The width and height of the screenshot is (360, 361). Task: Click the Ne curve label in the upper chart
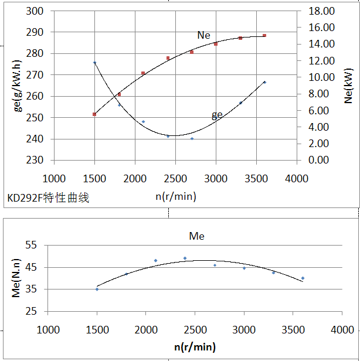(x=203, y=35)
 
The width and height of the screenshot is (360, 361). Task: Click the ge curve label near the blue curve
(x=217, y=115)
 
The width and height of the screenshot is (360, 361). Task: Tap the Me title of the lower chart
(x=196, y=236)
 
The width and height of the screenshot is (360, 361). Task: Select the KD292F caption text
(x=48, y=198)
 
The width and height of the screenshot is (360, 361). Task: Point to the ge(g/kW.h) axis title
(x=18, y=85)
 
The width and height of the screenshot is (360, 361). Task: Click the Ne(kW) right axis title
(x=348, y=86)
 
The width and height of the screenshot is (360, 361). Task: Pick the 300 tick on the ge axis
(x=36, y=11)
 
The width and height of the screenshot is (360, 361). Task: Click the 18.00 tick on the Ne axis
(x=321, y=11)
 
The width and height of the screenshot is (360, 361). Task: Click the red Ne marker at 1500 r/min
(x=94, y=114)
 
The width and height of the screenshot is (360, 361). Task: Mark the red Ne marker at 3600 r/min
(x=264, y=36)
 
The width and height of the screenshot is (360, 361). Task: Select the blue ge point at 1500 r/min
(x=94, y=63)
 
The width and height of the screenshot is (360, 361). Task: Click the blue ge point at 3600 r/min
(x=264, y=82)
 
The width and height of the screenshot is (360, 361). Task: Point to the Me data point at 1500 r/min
(x=97, y=289)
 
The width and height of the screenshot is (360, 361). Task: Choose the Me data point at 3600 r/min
(x=303, y=278)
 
